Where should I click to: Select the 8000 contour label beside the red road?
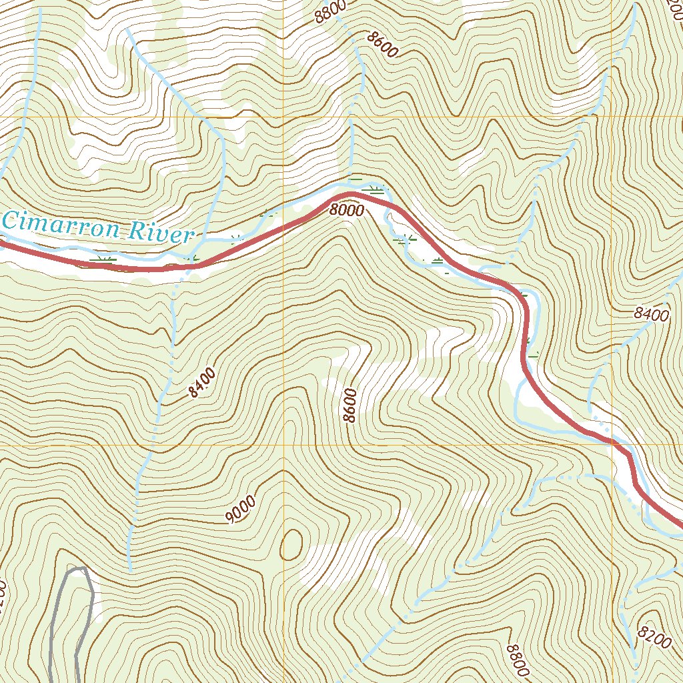346,211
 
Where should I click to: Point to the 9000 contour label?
240,510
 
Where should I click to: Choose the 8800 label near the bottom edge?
518,660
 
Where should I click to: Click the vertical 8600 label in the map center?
350,405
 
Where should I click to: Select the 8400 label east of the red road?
651,315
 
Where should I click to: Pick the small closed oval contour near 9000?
291,544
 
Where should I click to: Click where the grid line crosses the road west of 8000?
283,227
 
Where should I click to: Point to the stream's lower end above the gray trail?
131,571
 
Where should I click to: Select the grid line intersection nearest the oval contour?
283,444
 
